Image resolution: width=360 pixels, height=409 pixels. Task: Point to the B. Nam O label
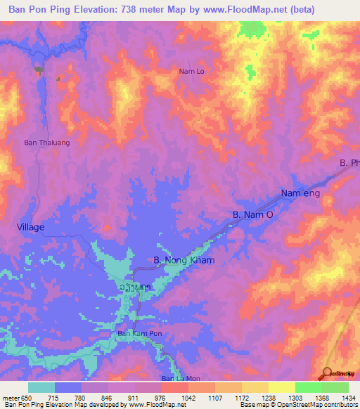pyautogui.click(x=252, y=214)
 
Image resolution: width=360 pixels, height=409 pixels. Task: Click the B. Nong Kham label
pyautogui.click(x=184, y=260)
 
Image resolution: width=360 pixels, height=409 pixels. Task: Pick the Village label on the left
pyautogui.click(x=30, y=227)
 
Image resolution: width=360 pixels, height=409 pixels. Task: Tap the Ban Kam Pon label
pyautogui.click(x=139, y=332)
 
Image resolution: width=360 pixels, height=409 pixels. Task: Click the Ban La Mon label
pyautogui.click(x=177, y=379)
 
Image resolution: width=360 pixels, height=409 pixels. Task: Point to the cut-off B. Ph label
pyautogui.click(x=349, y=163)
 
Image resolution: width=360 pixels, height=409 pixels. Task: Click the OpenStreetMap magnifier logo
pyautogui.click(x=326, y=373)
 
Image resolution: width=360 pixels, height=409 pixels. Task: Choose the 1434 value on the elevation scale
pyautogui.click(x=348, y=398)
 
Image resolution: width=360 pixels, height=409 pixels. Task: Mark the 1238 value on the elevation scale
pyautogui.click(x=267, y=398)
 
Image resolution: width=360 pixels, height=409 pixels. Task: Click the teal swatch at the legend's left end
pyautogui.click(x=41, y=387)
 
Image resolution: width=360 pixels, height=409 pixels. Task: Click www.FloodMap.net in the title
pyautogui.click(x=236, y=9)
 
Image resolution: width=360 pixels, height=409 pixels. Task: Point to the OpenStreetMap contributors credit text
pyautogui.click(x=309, y=405)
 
